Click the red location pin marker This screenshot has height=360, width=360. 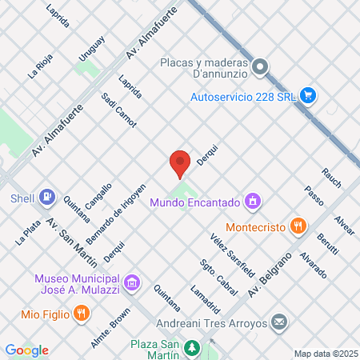(180, 163)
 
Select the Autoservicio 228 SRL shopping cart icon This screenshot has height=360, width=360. (308, 98)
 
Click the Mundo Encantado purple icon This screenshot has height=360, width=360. (253, 200)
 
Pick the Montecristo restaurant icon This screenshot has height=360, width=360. (297, 226)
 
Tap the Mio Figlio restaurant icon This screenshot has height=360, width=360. (80, 314)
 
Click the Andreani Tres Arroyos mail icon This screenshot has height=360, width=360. (279, 322)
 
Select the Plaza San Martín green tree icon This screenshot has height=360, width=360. (192, 347)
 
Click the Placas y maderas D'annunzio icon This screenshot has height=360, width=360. (260, 68)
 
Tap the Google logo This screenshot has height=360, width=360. (26, 350)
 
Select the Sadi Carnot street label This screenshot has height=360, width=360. (119, 110)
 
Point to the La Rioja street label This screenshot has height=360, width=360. (38, 65)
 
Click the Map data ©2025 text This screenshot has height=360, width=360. (325, 353)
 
